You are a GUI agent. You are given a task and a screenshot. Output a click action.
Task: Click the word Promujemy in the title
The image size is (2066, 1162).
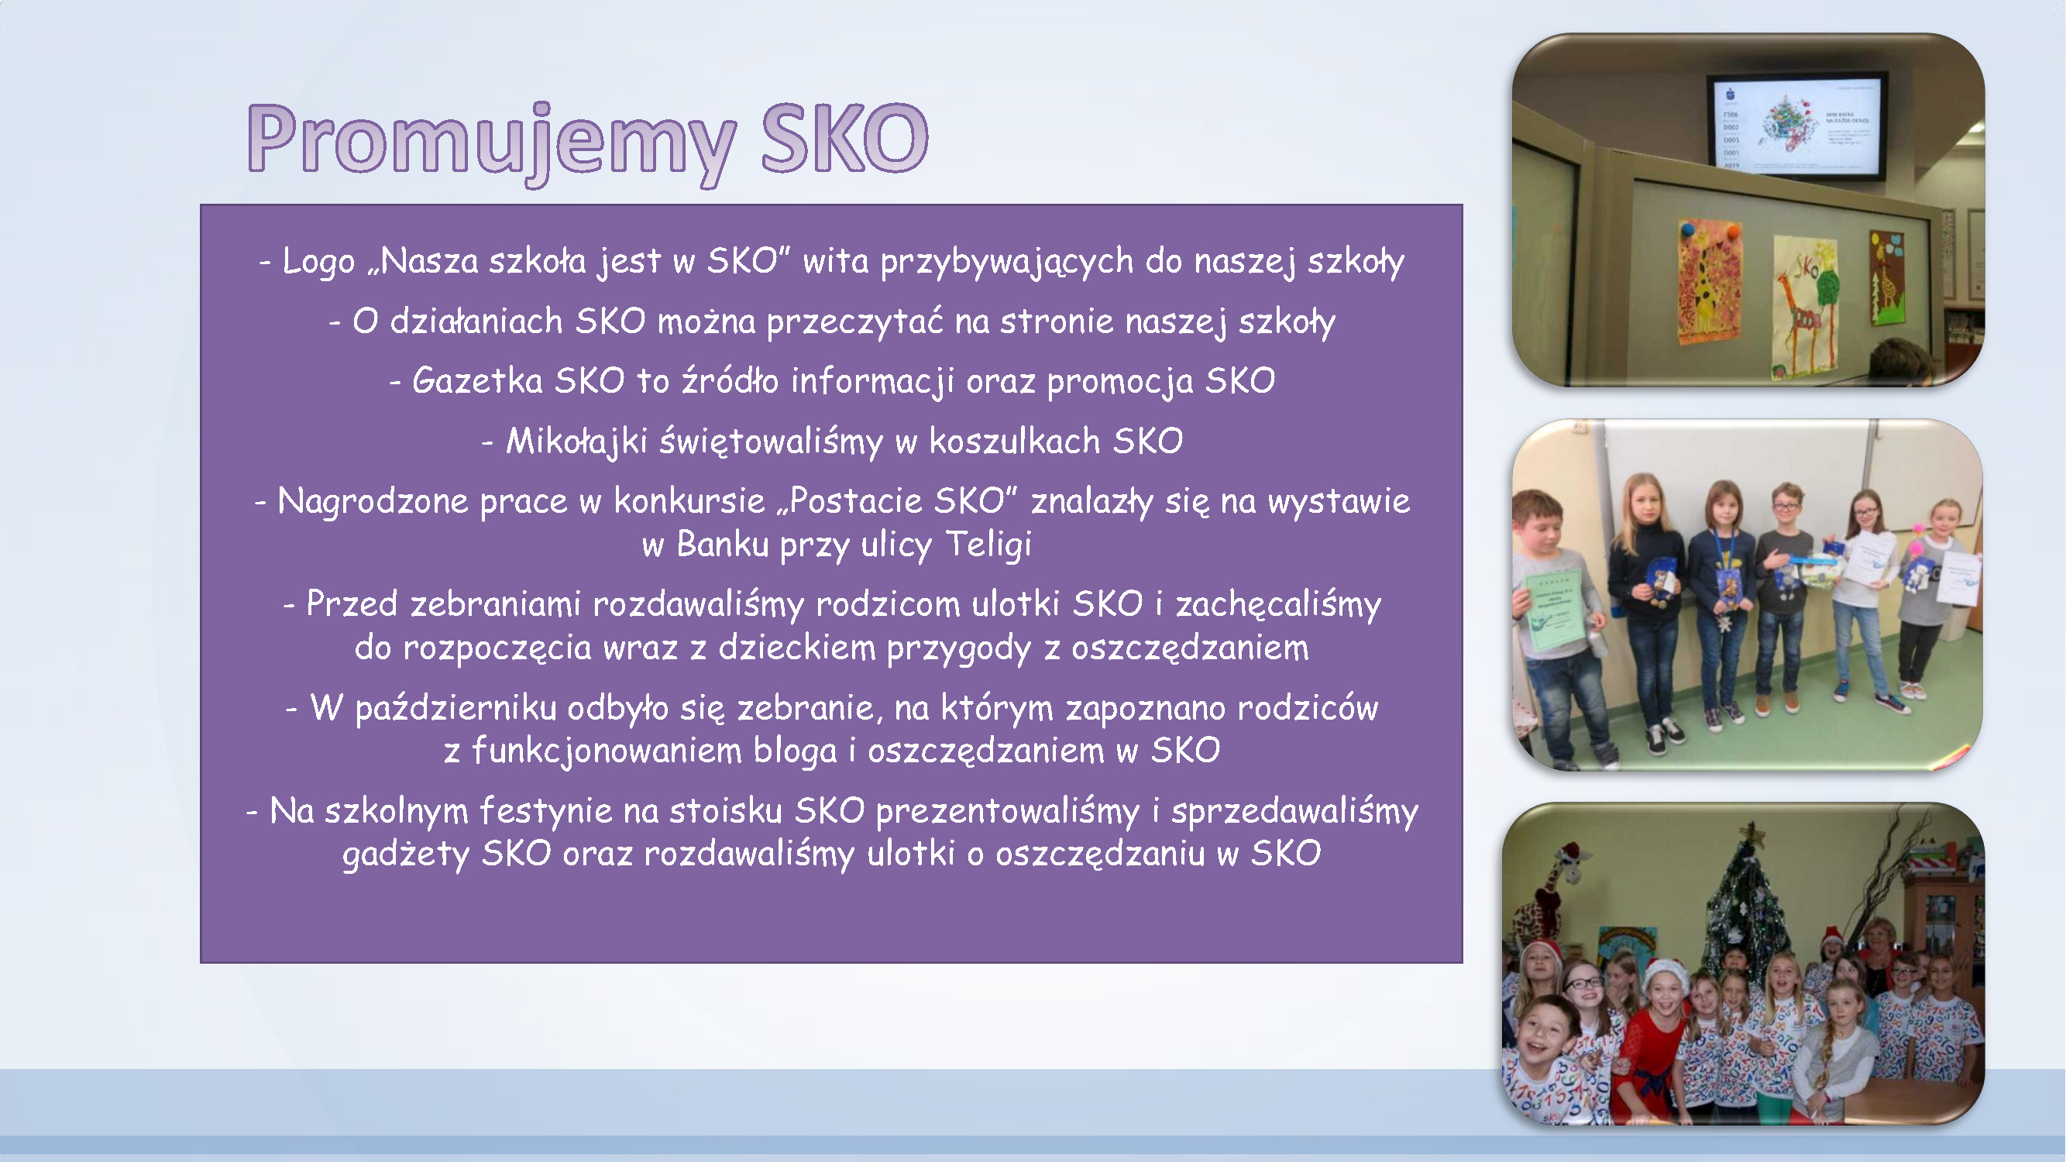tap(491, 143)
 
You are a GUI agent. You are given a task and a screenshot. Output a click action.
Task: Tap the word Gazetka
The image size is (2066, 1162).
tap(477, 380)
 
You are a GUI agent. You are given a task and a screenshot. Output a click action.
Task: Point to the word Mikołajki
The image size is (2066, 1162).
tap(576, 442)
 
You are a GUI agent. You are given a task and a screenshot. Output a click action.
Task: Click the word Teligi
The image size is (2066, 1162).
tap(988, 545)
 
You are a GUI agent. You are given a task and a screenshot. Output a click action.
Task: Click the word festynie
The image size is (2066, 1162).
tap(546, 812)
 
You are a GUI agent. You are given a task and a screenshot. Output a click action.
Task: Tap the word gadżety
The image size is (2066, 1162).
tap(406, 854)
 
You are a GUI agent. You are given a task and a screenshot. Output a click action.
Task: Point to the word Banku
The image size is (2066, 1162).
tap(722, 545)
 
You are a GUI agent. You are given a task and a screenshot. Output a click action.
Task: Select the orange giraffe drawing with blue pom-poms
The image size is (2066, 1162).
tap(1709, 280)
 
